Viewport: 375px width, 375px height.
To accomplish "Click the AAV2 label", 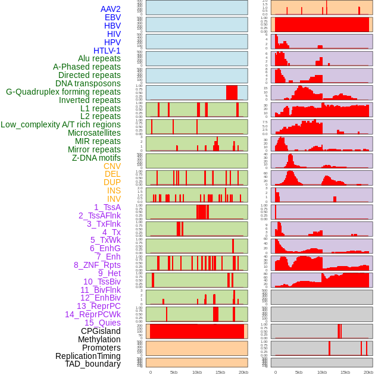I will (x=111, y=9).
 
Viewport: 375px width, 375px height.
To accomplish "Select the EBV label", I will (x=112, y=17).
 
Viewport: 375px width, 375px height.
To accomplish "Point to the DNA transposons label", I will (x=88, y=83).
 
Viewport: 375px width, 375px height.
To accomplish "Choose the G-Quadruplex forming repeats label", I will (x=63, y=92).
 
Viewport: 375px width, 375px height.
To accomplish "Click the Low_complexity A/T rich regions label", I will (x=61, y=124).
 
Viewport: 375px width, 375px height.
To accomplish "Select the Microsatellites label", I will (x=94, y=133).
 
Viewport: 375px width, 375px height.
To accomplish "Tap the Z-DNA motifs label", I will (x=96, y=158).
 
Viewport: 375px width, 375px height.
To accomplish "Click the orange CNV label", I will (x=112, y=166).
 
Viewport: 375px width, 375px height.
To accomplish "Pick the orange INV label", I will (x=114, y=199).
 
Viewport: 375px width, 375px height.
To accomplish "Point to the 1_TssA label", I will (x=107, y=207).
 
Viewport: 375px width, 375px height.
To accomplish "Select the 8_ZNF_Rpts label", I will (x=97, y=265).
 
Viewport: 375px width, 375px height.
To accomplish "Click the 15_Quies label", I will (x=102, y=323).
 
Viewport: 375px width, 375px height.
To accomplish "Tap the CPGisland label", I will (x=101, y=331).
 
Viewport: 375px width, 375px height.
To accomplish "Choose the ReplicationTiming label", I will (x=88, y=356).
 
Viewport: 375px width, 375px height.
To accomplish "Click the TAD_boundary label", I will (x=93, y=364).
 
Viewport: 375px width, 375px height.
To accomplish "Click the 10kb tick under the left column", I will (x=197, y=372).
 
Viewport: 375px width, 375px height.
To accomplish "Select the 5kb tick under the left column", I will (x=174, y=372).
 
